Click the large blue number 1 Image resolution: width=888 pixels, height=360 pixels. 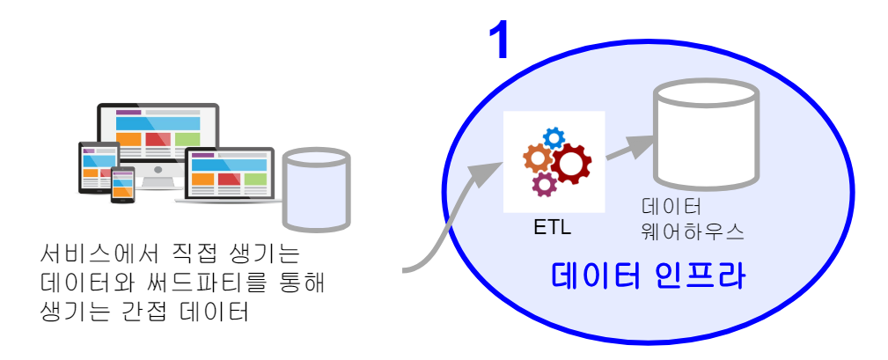click(500, 40)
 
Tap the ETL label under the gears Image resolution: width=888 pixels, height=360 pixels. click(553, 227)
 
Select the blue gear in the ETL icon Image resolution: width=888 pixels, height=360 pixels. click(554, 136)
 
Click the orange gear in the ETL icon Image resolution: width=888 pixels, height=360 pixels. click(537, 158)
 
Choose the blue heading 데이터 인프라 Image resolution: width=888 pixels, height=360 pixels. click(649, 276)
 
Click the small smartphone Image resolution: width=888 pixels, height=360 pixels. click(122, 184)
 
